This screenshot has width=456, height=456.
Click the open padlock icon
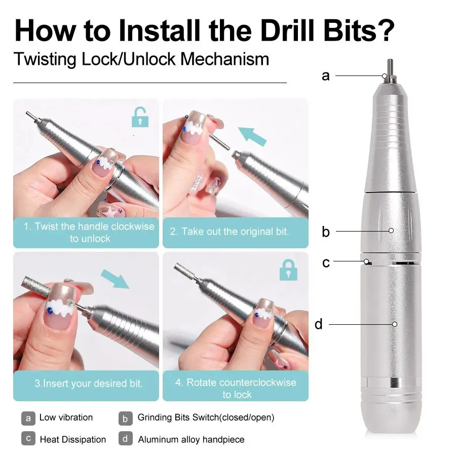(140, 118)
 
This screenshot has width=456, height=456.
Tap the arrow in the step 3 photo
(115, 279)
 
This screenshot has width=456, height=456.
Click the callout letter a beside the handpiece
(325, 76)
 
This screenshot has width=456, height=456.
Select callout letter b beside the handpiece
(325, 232)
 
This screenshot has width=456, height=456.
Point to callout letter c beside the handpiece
(326, 263)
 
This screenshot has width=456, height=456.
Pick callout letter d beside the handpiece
(318, 324)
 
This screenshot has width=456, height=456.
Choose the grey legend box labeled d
(126, 439)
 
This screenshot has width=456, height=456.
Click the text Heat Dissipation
(73, 439)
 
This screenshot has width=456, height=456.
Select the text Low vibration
(66, 417)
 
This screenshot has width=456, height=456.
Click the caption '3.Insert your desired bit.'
(88, 383)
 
